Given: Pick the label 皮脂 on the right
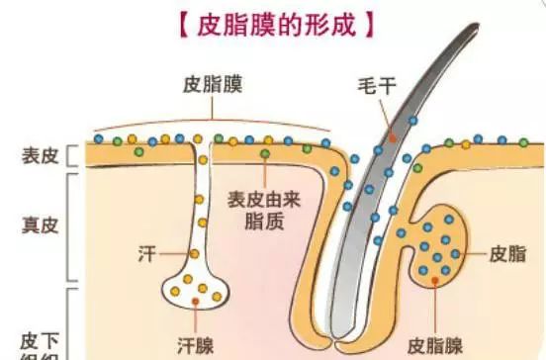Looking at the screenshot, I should tap(505, 253).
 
